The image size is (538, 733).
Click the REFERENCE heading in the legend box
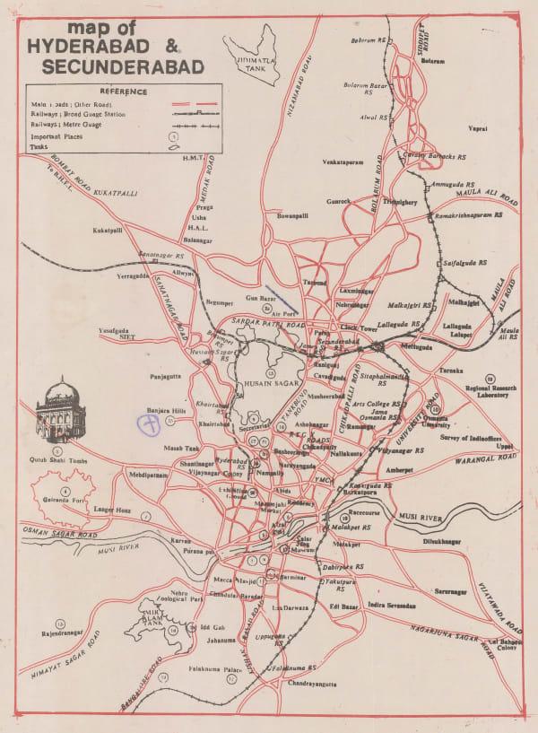[124, 91]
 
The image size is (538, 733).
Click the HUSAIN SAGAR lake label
[270, 383]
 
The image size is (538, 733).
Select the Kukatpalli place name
[108, 231]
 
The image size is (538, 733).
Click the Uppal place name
[506, 445]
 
